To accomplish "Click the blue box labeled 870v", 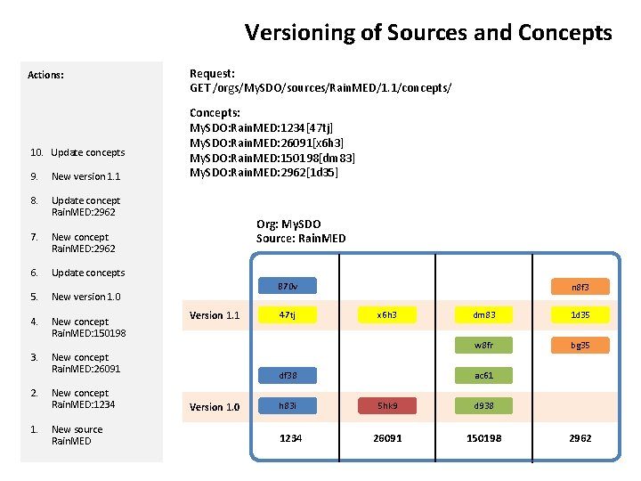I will pos(287,287).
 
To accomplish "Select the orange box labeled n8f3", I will pos(580,287).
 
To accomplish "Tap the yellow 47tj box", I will pos(287,314).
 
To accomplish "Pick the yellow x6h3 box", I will pos(386,314).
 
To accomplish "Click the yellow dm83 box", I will pos(484,314).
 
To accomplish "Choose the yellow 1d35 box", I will pos(580,314).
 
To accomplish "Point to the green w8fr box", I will pos(484,345).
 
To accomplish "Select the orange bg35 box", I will pos(580,345).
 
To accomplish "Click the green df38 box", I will pos(287,376).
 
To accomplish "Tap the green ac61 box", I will pos(484,376).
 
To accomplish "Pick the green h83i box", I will pos(287,405).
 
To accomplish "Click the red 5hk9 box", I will pos(386,405).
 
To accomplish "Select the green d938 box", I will pos(484,405).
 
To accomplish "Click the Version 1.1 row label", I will pos(214,315).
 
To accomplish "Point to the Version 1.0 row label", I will pos(214,407).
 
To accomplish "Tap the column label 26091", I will pos(387,438).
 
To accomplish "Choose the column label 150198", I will pos(484,438).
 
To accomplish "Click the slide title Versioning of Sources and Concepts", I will pos(428,33).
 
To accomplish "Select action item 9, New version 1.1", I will pos(85,176).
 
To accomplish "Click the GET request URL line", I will pos(320,87).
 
